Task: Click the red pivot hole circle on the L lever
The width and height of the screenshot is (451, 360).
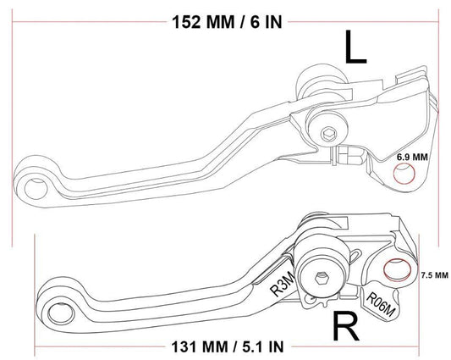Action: point(405,174)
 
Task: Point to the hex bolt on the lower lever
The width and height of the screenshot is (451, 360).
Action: point(322,276)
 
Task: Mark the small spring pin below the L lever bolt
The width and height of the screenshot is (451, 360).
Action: point(345,156)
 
